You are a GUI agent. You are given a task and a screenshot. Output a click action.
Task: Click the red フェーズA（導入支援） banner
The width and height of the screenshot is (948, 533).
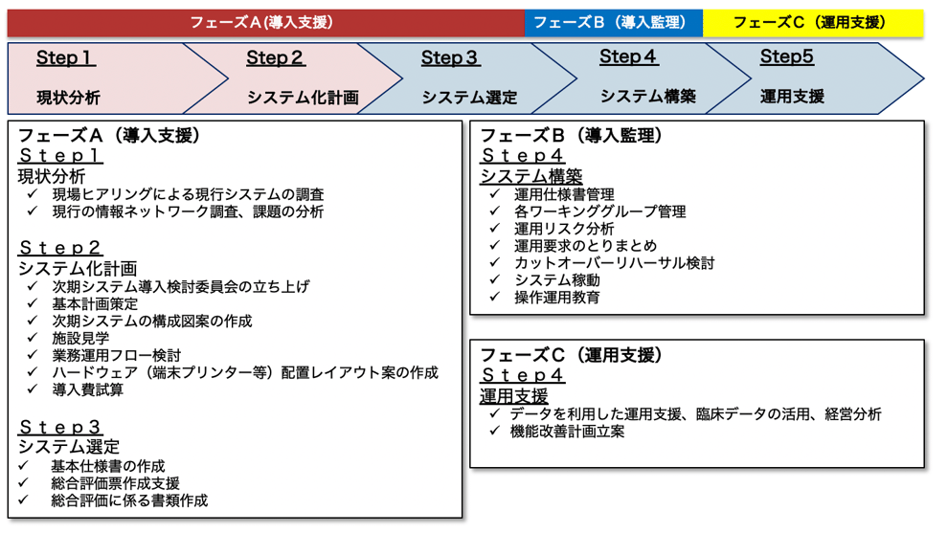point(265,22)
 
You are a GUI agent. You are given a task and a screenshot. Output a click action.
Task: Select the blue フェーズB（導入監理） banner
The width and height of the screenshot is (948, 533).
point(613,22)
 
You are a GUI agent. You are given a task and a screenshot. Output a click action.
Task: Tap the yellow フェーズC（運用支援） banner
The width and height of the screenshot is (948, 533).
point(813,22)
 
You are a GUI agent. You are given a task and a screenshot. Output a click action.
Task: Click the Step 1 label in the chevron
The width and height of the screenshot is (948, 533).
point(65,58)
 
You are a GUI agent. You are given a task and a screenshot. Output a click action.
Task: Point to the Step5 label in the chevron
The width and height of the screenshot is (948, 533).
point(786,56)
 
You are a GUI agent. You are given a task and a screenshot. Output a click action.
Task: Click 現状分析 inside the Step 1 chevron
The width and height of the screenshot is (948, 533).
point(68,98)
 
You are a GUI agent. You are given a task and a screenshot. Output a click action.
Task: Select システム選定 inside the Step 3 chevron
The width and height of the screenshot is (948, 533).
point(469,98)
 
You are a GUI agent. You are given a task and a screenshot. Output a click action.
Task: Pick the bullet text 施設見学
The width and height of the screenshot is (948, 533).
point(80,338)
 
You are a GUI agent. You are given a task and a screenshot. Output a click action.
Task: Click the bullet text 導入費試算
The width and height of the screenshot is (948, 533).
point(88,389)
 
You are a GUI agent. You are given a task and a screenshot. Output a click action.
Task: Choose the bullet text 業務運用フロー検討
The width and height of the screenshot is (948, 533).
point(117,355)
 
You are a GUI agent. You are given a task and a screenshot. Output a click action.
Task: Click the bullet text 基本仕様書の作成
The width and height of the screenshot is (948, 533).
point(107,466)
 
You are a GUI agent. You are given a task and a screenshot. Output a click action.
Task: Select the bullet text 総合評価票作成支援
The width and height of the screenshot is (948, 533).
point(116,483)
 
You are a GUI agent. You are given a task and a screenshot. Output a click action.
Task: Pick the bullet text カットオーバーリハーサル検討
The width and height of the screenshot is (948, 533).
point(614,263)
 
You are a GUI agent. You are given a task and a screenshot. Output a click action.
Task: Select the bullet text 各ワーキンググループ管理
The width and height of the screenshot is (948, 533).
point(599,211)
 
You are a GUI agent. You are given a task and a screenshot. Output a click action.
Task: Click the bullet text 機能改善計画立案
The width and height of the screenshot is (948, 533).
point(567,432)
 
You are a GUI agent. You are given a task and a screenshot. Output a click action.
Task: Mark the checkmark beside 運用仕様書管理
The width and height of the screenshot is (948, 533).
point(495,194)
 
